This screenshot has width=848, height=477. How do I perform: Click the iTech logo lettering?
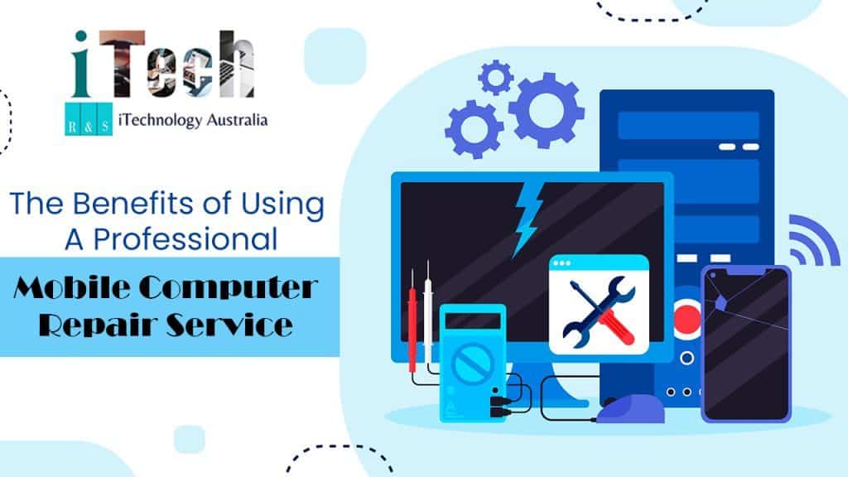(x=161, y=65)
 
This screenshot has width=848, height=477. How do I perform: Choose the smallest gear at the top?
(x=496, y=79)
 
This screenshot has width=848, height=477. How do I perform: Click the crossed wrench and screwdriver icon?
(x=598, y=311)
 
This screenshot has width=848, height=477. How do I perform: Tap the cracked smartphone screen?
(x=745, y=341)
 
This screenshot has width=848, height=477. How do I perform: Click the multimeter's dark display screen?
(x=470, y=318)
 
